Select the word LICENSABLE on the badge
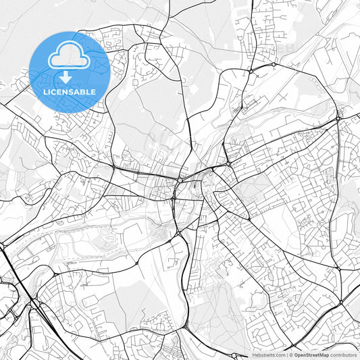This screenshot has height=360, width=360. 70,92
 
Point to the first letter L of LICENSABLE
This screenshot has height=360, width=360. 45,92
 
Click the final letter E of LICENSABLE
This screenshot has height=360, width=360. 94,92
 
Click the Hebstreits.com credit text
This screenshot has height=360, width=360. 267,354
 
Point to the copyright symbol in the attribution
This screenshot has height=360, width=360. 290,354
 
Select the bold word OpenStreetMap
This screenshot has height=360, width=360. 311,354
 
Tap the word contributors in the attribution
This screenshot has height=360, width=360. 343,354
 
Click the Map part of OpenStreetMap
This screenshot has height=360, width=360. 324,354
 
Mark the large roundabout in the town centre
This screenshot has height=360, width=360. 181,181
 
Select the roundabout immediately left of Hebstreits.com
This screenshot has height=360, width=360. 235,354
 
